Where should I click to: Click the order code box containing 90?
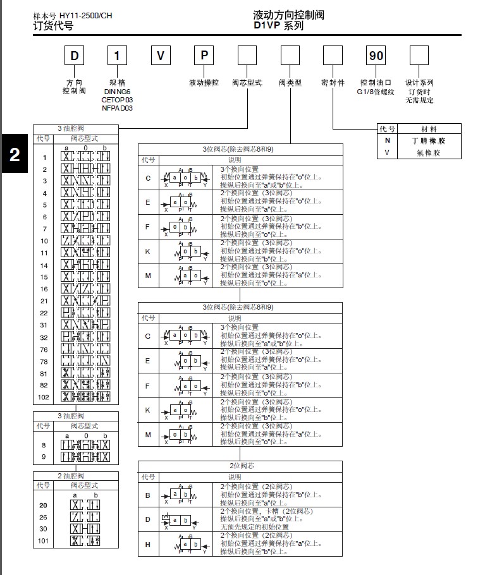click(376, 56)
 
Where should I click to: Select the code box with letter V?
click(161, 56)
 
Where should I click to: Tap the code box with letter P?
click(204, 56)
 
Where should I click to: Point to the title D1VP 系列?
click(279, 26)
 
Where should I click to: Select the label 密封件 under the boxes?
click(333, 83)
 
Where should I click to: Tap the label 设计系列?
click(419, 83)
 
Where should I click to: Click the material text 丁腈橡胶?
click(429, 140)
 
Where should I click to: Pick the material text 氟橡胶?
click(429, 152)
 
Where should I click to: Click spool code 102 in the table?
click(44, 397)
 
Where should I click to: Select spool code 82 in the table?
click(44, 385)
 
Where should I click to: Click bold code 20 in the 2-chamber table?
click(44, 505)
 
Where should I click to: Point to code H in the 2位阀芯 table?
click(148, 544)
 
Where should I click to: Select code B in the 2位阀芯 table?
click(148, 495)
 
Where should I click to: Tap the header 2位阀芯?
click(240, 466)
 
